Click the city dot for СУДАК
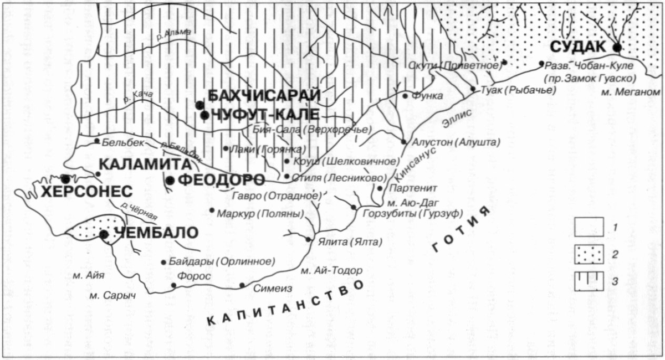point(617,48)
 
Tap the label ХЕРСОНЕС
point(86,192)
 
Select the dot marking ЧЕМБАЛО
point(104,234)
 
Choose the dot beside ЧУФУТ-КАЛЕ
point(204,115)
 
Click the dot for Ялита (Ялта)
point(309,239)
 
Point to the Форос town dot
point(173,285)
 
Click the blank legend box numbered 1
point(588,227)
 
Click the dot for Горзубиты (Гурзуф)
point(354,207)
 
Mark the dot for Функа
point(405,96)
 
